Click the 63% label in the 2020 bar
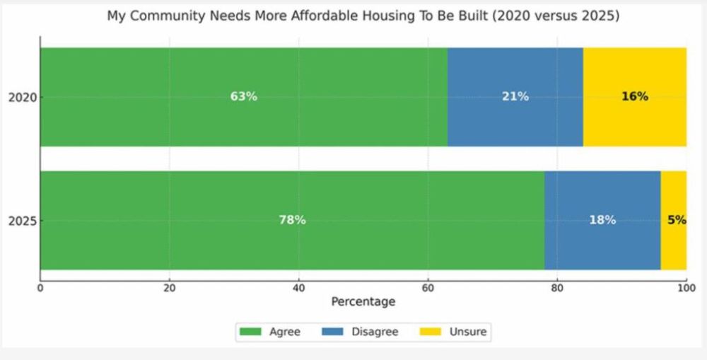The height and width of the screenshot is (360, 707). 244,97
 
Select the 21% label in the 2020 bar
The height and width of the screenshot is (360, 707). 515,97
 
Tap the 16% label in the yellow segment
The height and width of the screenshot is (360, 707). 634,97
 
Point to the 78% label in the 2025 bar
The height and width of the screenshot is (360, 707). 292,220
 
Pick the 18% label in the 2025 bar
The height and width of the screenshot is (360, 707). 602,220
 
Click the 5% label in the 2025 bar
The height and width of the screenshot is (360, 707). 677,220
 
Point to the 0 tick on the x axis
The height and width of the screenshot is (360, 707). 40,287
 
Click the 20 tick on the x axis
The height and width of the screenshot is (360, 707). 169,287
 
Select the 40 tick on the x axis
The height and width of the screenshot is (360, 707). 298,287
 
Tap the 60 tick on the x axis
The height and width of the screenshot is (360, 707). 428,287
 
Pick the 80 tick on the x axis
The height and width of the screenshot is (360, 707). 557,287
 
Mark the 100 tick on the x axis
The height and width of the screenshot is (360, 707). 686,287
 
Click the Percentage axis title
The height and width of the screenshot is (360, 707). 363,302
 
